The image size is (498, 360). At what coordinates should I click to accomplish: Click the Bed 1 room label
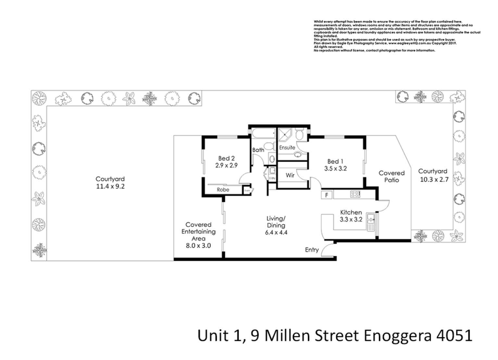[335, 161]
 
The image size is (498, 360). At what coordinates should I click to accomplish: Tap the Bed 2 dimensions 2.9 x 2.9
[226, 165]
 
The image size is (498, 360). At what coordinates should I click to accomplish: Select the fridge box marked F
[327, 195]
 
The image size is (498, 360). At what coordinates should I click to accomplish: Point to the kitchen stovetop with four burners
[355, 194]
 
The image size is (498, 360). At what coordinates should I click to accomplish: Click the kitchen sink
[370, 222]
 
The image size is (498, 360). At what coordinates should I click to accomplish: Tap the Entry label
[312, 250]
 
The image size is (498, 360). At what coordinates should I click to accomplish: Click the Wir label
[290, 175]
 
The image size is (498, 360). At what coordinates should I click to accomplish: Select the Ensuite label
[287, 147]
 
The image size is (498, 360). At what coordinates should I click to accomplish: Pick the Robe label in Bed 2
[223, 190]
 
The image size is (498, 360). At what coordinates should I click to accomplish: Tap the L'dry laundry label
[272, 178]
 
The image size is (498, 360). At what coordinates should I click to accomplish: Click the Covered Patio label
[392, 176]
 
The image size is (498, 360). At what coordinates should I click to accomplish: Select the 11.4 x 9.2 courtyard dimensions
[110, 186]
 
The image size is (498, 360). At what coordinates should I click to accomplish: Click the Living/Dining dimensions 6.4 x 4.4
[276, 232]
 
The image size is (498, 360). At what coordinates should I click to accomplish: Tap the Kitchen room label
[351, 212]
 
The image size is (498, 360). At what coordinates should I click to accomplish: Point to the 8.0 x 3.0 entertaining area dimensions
[198, 246]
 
